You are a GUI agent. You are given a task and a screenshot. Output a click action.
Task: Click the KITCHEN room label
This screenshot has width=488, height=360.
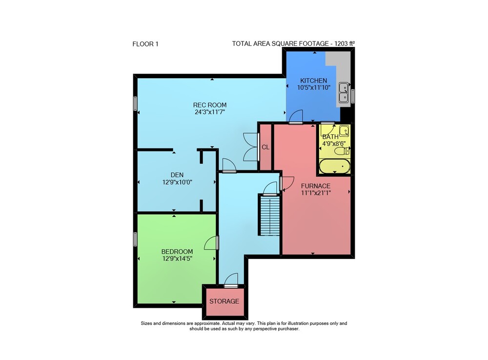(x=313, y=80)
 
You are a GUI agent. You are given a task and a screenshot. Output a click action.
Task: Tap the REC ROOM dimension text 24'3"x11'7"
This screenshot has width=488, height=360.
(x=210, y=112)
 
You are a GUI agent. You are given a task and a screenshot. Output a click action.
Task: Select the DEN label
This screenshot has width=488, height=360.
(x=177, y=175)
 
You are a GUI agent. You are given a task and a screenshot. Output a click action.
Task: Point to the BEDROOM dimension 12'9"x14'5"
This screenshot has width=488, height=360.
(x=177, y=258)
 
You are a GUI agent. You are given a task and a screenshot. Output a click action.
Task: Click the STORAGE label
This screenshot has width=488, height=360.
(x=224, y=301)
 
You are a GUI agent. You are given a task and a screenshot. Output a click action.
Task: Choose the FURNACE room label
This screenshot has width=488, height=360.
(x=316, y=186)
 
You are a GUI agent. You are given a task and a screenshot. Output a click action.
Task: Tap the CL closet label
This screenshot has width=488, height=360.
(x=265, y=147)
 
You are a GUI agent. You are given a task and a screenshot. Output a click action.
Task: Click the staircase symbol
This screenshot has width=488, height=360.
(x=269, y=215)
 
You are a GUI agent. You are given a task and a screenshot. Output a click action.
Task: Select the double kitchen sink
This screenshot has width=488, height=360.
(x=344, y=92)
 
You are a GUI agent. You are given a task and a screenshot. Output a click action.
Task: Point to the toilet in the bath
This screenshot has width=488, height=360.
(x=342, y=151)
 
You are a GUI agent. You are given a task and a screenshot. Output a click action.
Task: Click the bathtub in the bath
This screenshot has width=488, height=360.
(x=335, y=166)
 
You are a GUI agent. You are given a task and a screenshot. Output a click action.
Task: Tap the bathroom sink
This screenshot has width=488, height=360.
(x=344, y=131)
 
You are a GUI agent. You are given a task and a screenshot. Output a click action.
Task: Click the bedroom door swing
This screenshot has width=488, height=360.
(x=211, y=243)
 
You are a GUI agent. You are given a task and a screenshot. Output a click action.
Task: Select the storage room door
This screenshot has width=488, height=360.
(x=231, y=280)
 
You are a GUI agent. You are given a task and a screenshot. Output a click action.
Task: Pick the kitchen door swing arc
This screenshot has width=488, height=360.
(x=296, y=117)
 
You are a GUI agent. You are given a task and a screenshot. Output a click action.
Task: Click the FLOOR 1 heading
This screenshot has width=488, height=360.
(x=145, y=44)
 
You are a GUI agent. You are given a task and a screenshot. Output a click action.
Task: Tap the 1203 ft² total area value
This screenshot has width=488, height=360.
(x=345, y=43)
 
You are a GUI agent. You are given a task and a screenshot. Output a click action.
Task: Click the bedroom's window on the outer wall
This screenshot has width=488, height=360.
(x=135, y=239)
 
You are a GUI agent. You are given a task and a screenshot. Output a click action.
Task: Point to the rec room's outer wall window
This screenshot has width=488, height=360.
(x=135, y=104)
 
